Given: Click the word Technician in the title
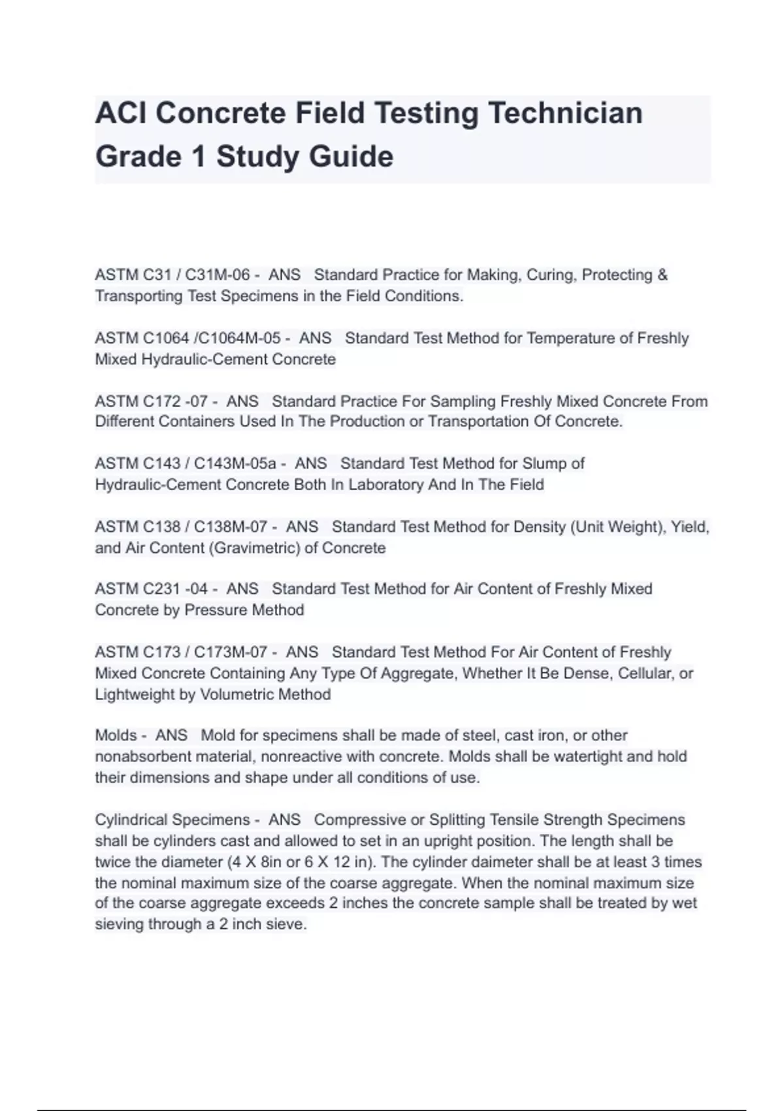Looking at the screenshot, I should click(x=565, y=113).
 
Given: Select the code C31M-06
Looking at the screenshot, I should click(x=218, y=275).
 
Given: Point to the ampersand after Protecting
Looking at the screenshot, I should click(x=662, y=275).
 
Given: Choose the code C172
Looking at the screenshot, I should click(x=161, y=401).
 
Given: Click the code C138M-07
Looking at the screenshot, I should click(x=231, y=527).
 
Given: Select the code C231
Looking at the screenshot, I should click(x=161, y=589).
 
